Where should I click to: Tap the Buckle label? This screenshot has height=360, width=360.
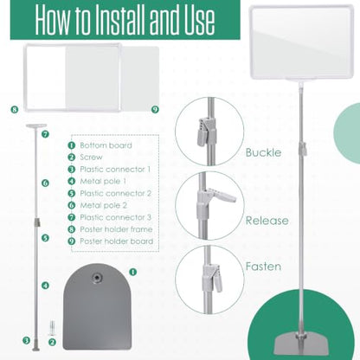[x=263, y=152]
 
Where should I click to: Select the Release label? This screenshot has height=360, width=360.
[x=267, y=221]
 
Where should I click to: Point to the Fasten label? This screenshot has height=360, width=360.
[x=263, y=267]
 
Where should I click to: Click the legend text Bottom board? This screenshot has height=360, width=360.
[x=106, y=145]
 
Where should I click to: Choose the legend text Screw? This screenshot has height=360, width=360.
[x=91, y=157]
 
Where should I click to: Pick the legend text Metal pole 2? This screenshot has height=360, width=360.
[x=103, y=205]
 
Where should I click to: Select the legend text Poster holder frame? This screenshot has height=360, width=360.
[x=116, y=229]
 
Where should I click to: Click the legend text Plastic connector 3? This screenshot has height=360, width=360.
[x=115, y=217]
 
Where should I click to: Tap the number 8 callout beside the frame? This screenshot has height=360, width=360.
[x=15, y=110]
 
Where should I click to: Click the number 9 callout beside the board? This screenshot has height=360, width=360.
[x=155, y=109]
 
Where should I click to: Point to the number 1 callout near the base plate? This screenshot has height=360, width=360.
[x=132, y=272]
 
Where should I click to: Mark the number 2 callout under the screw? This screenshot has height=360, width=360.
[x=52, y=343]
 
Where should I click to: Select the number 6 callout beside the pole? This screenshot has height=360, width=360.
[x=45, y=183]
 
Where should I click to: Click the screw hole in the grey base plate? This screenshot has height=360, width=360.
[x=96, y=278]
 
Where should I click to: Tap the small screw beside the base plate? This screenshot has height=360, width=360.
[x=52, y=327]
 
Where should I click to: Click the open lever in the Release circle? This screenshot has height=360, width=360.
[x=222, y=196]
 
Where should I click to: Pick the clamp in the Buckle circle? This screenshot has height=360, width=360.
[x=206, y=132]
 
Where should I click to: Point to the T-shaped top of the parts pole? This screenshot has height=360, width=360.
[x=36, y=125]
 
